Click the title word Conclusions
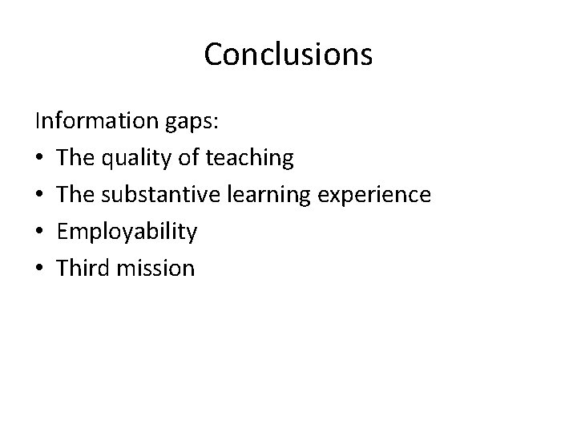(288, 55)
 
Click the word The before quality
(75, 158)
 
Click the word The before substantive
(75, 194)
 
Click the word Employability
(127, 233)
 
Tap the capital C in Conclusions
(215, 55)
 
